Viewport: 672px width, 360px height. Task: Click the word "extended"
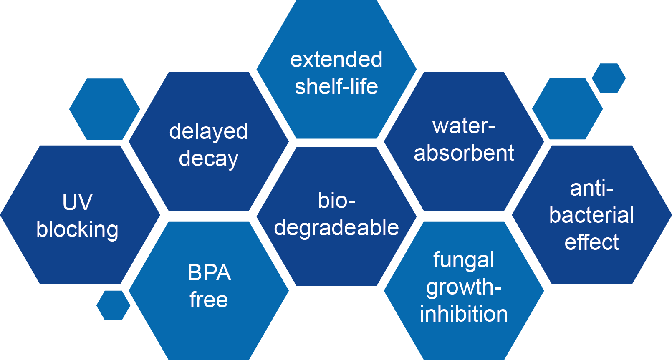coord(336,60)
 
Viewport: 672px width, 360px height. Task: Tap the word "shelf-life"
coord(336,87)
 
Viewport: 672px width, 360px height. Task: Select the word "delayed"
coord(208,132)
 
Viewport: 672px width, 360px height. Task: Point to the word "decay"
coord(208,159)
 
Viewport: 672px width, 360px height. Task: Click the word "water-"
coord(464,126)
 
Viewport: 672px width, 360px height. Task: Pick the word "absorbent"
coord(464,153)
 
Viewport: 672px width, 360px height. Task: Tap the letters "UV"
coord(77,202)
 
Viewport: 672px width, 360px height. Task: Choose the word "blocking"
coord(77,229)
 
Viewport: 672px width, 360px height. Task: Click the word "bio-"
coord(336,201)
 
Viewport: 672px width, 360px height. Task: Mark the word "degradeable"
coord(336,228)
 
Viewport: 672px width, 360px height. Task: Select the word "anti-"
coord(591,189)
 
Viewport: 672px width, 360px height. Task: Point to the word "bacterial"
coord(591,215)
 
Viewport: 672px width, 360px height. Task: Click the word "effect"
coord(591,242)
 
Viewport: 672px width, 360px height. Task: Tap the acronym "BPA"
coord(209,273)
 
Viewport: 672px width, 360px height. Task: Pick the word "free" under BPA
coord(209,300)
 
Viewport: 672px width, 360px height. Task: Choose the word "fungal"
coord(464,260)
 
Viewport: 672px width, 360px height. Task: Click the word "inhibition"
coord(464,314)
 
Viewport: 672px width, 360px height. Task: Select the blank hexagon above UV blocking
coord(104,109)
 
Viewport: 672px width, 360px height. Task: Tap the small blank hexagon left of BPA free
coord(113,305)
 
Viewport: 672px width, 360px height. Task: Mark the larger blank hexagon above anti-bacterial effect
coord(567,109)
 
